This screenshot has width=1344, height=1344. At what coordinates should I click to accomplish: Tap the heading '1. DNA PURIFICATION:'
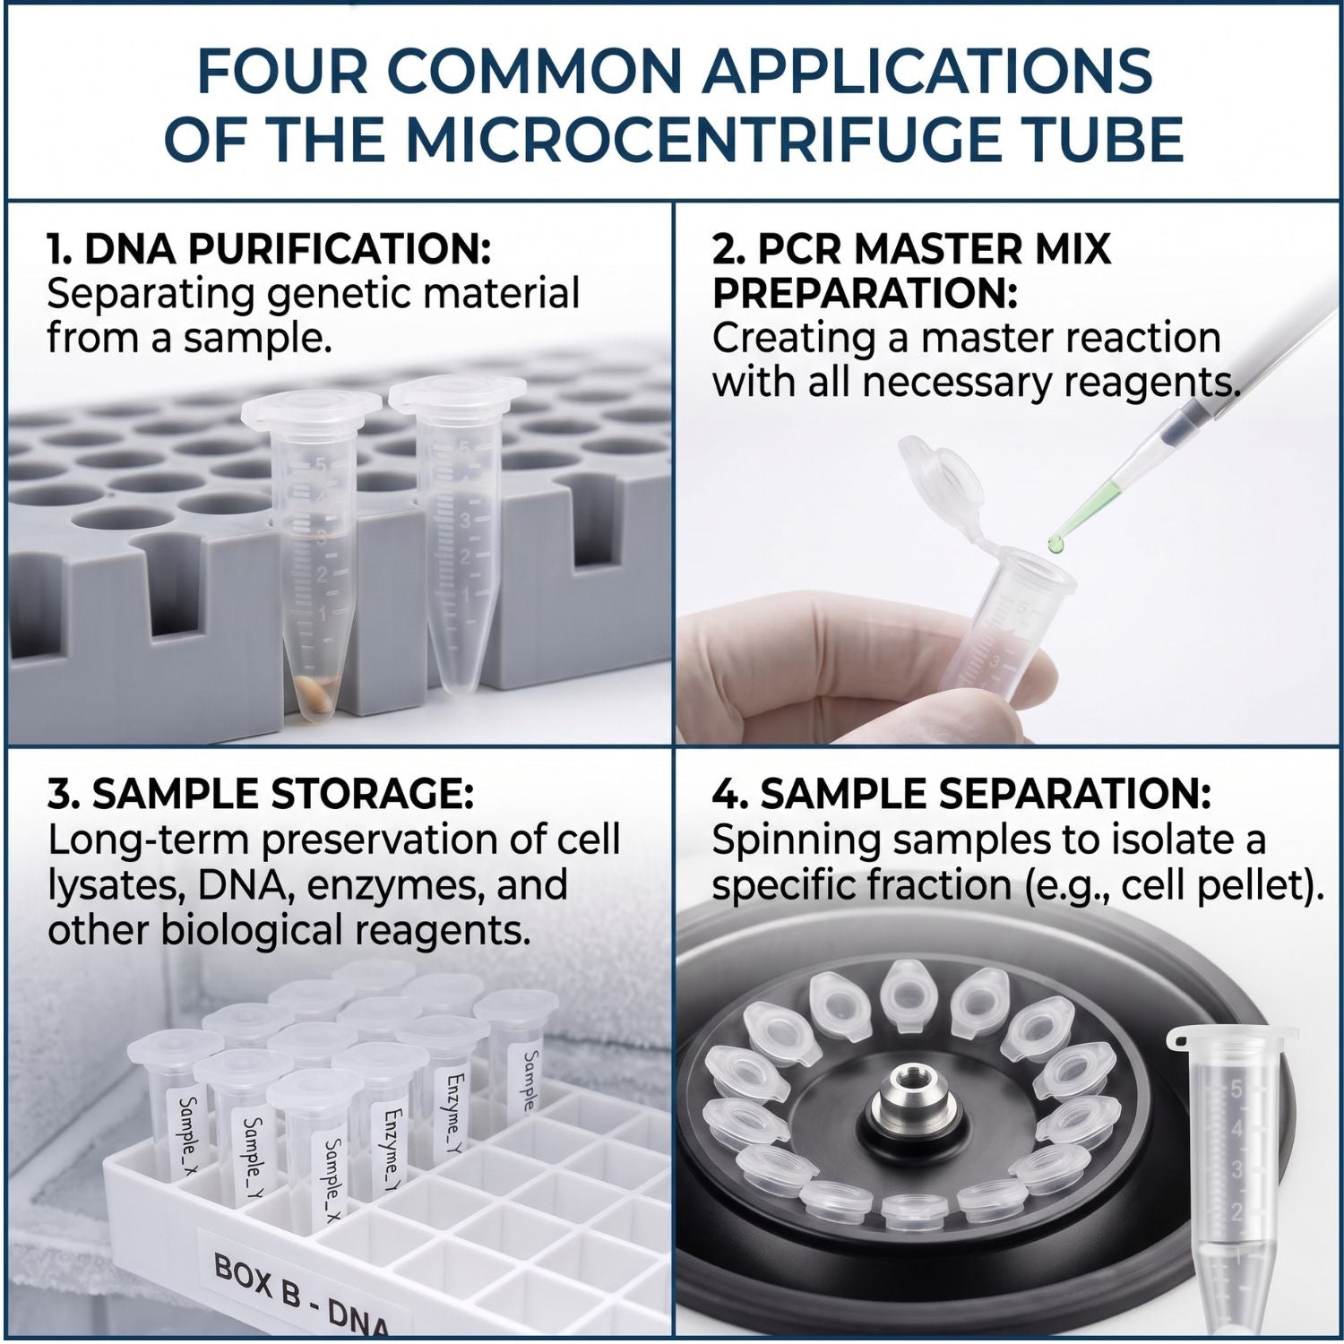[269, 250]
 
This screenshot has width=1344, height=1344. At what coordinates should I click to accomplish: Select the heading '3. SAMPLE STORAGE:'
[261, 794]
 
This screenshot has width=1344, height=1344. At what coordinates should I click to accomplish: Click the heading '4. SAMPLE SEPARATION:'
[961, 794]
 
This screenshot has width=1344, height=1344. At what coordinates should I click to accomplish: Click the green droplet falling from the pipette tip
[1057, 542]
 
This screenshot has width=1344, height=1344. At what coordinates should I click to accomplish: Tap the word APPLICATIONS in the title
[927, 70]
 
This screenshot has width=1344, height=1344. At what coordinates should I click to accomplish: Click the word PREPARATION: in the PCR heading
[865, 294]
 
